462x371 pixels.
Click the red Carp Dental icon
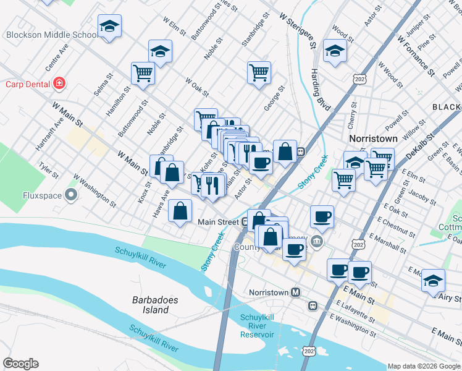59,83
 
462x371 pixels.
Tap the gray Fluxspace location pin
71,196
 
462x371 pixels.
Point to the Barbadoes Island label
155,305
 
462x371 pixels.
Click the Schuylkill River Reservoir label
256,325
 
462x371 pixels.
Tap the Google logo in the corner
20,364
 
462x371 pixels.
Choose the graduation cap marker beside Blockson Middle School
109,27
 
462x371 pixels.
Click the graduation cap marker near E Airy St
433,280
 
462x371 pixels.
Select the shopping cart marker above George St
259,72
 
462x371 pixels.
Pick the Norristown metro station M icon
296,292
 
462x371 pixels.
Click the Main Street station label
217,221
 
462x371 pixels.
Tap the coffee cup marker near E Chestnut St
322,216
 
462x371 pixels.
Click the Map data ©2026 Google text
424,365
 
